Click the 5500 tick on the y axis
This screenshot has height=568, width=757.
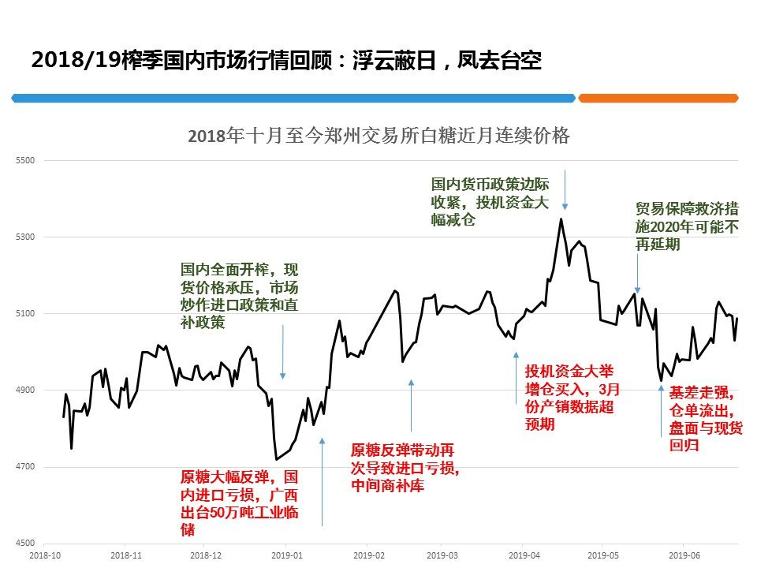pyautogui.click(x=26, y=160)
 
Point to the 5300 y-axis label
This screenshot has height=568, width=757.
pyautogui.click(x=26, y=237)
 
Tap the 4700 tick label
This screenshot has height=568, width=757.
pyautogui.click(x=26, y=467)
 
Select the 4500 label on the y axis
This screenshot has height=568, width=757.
pyautogui.click(x=26, y=544)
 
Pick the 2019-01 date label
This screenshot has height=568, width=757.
pyautogui.click(x=288, y=555)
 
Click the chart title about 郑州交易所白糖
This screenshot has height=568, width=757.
pyautogui.click(x=378, y=135)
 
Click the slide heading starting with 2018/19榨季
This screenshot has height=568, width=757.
pyautogui.click(x=286, y=61)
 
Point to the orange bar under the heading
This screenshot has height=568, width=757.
pyautogui.click(x=658, y=98)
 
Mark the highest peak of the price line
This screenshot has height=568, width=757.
pyautogui.click(x=561, y=219)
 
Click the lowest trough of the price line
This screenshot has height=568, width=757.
pyautogui.click(x=276, y=459)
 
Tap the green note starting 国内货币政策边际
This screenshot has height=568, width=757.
pyautogui.click(x=490, y=202)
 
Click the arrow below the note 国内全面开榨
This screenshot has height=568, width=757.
pyautogui.click(x=283, y=351)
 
